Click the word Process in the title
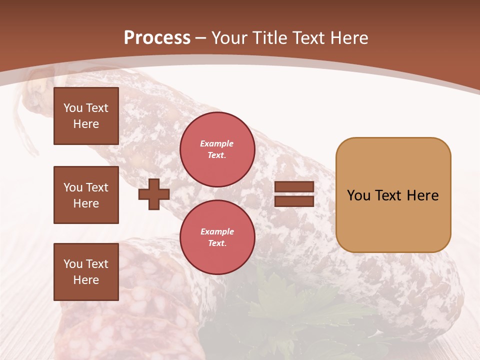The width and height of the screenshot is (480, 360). pos(157,38)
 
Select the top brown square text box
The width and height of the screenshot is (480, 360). pos(86,116)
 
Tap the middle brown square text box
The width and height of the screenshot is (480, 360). pos(86,195)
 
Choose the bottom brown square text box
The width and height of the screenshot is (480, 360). pos(86,272)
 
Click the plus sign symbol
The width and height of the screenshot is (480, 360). pos(154,194)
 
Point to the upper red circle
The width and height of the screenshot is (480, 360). pos(217,149)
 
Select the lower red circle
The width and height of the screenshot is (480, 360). pos(217,237)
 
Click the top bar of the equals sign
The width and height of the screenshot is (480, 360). pos(294,187)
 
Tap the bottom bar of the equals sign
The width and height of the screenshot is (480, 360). pos(294,201)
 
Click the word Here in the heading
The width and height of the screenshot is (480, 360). pos(348,38)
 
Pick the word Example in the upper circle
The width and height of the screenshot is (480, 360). pos(217,143)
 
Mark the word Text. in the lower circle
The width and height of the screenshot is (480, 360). pos(217,243)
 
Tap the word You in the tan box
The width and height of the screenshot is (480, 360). pos(358,195)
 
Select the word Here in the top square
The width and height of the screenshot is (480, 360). pos(86,124)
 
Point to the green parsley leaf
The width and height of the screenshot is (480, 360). pos(290,310)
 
